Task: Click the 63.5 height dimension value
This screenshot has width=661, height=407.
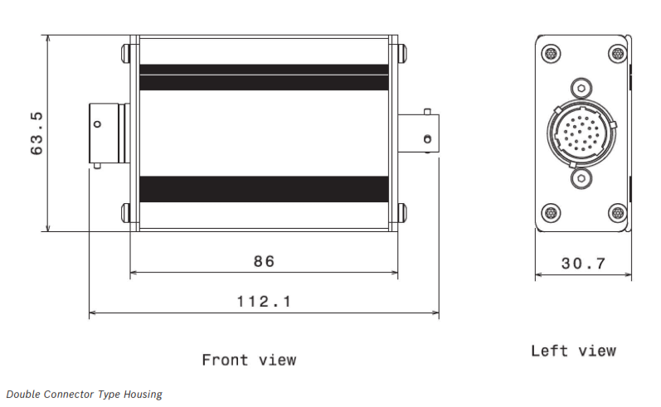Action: (x=36, y=133)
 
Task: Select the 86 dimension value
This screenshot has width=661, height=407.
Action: (x=264, y=262)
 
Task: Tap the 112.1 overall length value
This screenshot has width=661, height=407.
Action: (x=264, y=302)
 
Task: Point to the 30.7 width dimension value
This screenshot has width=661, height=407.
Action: (x=583, y=264)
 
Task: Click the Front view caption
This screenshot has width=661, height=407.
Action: (x=249, y=361)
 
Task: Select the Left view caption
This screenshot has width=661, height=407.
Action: (x=573, y=351)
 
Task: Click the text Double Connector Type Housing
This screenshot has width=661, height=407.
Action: (x=85, y=395)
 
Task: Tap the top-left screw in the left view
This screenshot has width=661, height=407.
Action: (x=551, y=54)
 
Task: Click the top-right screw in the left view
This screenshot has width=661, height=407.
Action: (x=618, y=54)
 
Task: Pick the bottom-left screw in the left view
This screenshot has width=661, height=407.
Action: (x=551, y=212)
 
